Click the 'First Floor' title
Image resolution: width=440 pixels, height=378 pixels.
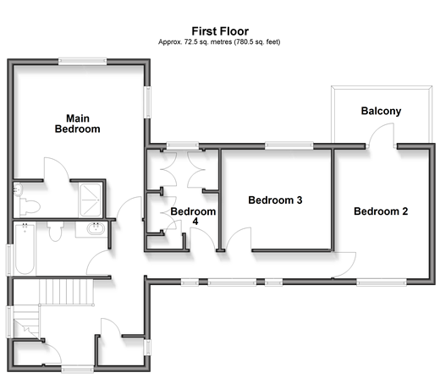220,31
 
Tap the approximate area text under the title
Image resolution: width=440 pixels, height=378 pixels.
219,42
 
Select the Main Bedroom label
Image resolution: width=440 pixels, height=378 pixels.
78,123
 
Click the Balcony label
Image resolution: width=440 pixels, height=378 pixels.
381,111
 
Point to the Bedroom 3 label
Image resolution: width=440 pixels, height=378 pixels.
275,200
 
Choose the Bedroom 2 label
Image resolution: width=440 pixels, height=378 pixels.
381,211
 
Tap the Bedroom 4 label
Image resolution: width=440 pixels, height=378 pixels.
193,216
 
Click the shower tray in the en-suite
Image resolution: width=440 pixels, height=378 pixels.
91,200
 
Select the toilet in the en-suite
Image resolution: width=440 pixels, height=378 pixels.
30,206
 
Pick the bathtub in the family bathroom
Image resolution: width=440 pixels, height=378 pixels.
25,249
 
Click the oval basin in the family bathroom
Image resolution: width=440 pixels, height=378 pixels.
96,228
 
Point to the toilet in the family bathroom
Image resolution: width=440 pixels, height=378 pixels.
55,231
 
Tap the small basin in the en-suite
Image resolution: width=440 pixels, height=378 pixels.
18,189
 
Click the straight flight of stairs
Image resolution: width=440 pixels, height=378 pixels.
67,292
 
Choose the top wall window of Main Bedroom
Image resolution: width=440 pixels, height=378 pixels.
82,61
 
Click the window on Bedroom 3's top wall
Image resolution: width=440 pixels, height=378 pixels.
289,145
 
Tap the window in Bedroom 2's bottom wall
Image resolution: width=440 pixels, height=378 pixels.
382,282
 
